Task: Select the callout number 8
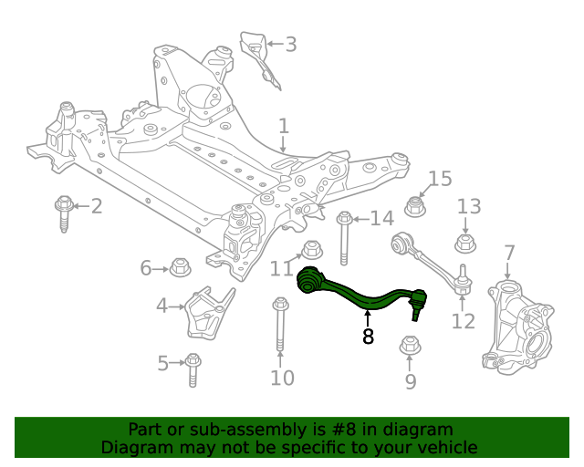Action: point(368,337)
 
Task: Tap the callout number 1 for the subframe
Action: point(284,126)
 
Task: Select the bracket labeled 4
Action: point(207,313)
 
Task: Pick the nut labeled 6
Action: point(180,268)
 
